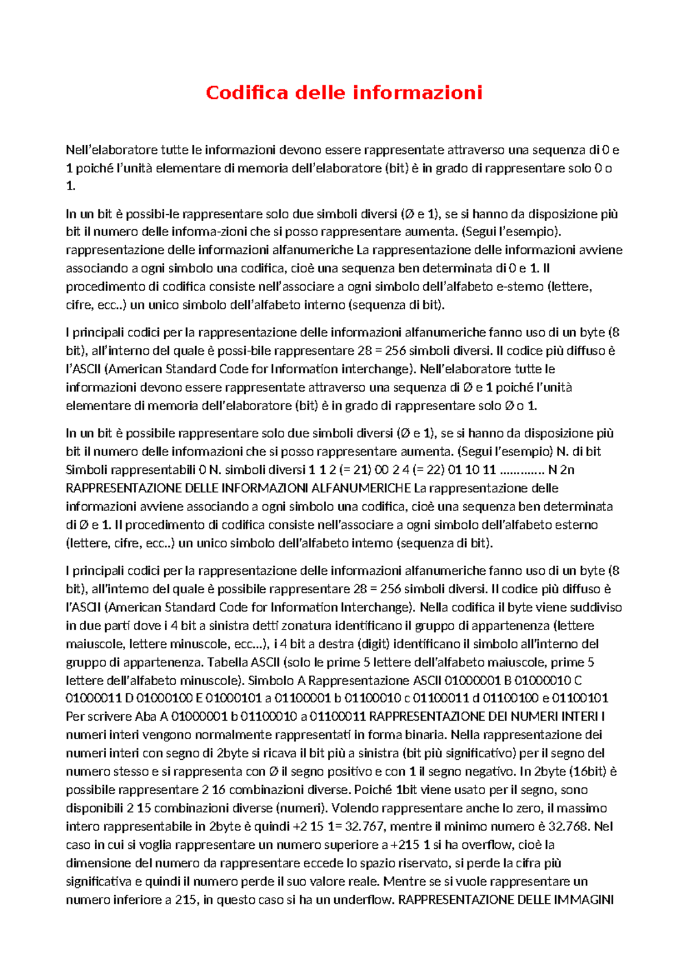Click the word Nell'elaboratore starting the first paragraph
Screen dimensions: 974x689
click(x=111, y=150)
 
